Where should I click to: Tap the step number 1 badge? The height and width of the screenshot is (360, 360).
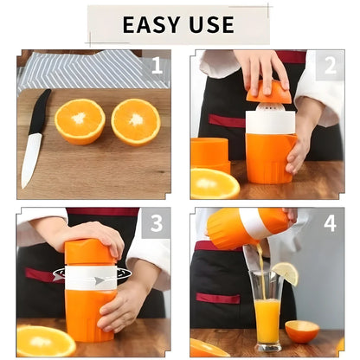[x=157, y=65]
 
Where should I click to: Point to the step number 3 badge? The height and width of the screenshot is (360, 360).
[x=157, y=223]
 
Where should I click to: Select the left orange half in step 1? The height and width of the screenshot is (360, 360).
[x=80, y=120]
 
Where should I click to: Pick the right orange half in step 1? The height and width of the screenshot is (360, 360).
[x=136, y=121]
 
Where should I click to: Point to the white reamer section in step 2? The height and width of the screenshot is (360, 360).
[x=269, y=121]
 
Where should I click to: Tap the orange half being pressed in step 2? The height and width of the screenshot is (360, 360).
[x=268, y=92]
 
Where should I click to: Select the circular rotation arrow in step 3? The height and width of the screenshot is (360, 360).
[x=92, y=276]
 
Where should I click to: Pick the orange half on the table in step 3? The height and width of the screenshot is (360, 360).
[x=45, y=340]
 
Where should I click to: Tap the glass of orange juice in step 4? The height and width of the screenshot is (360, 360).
[x=267, y=316]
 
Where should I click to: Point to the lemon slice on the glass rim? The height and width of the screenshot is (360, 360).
[x=285, y=274]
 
